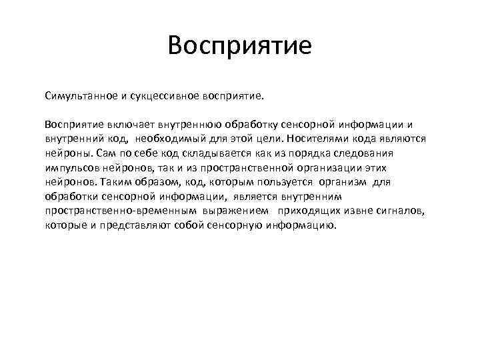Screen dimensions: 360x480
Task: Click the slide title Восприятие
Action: point(240,47)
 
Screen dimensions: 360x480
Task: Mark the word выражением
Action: point(239,211)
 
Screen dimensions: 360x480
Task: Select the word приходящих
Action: point(311,211)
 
